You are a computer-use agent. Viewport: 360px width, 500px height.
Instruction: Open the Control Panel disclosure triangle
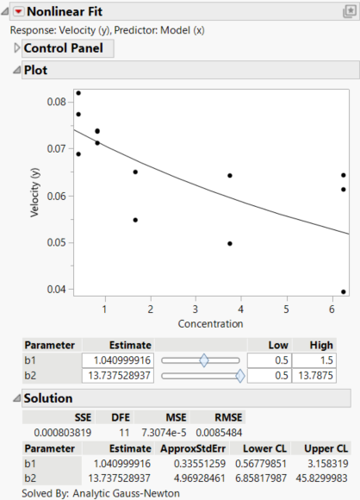click(16, 48)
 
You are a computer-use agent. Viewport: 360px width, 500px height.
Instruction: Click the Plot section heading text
click(35, 70)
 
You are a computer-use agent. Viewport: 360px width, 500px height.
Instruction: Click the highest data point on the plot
click(78, 93)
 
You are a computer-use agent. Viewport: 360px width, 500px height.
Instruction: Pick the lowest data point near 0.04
click(344, 291)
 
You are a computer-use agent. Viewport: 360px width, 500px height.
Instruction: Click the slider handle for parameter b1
click(204, 360)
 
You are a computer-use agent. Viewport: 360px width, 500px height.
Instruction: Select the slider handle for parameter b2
click(239, 375)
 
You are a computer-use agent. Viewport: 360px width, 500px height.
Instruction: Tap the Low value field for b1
click(269, 360)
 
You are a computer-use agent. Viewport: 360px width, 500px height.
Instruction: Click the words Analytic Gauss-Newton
click(126, 492)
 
